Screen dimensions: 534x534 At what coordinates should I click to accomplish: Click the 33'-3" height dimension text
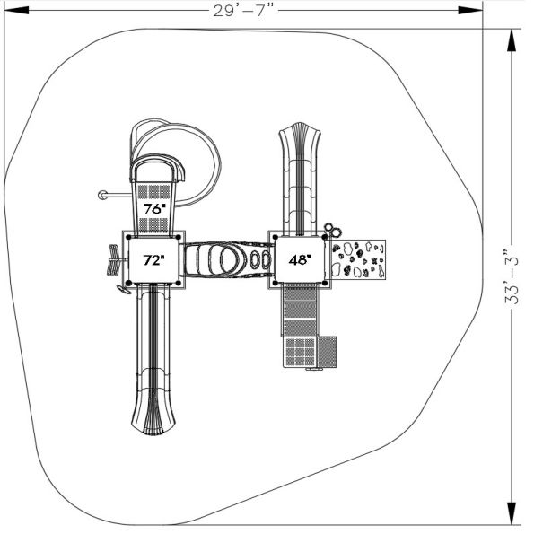(512, 277)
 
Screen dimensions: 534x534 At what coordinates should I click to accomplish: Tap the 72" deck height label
(153, 260)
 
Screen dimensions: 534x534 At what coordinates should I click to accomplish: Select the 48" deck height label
(300, 260)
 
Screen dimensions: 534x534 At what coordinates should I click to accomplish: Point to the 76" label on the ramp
(154, 209)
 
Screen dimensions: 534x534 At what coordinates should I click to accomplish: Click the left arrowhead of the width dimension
(16, 10)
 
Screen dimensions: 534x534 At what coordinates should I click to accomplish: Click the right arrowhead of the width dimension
(470, 10)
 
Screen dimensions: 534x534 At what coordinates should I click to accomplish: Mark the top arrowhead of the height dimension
(512, 40)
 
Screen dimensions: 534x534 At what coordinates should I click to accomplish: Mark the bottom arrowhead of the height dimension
(512, 512)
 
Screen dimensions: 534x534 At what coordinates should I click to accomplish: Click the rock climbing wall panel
(358, 260)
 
